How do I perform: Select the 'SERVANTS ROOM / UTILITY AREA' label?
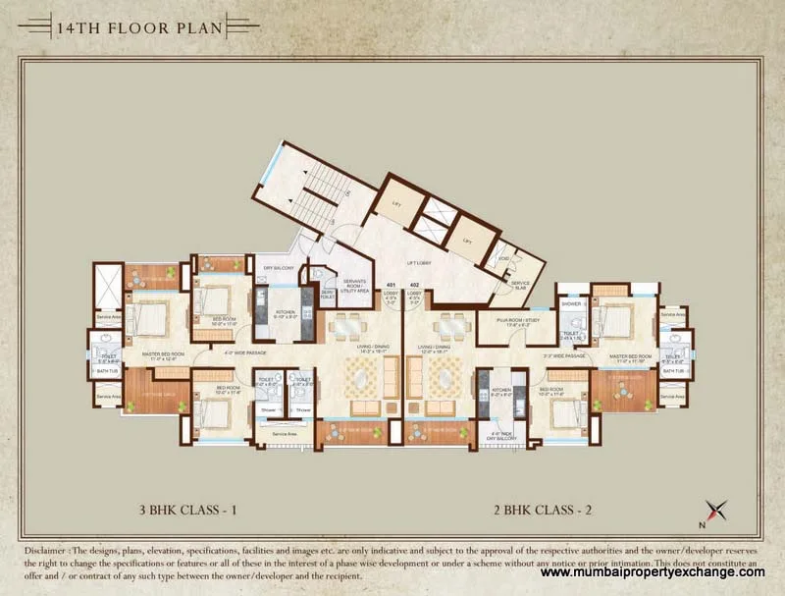pyautogui.click(x=353, y=287)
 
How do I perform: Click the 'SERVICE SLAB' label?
pyautogui.click(x=520, y=285)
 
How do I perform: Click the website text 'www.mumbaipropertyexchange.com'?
pyautogui.click(x=653, y=572)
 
